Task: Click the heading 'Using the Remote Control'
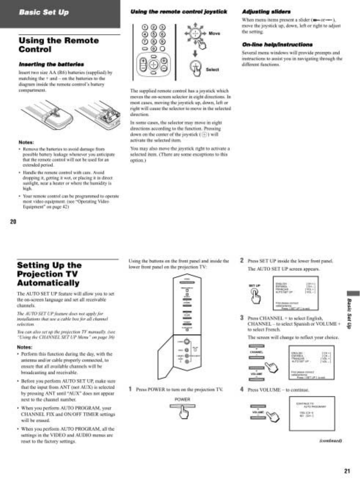59,45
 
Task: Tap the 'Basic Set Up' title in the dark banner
44,12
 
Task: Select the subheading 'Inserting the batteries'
51,64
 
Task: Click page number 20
13,222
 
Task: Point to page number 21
347,471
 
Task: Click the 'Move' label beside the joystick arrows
214,33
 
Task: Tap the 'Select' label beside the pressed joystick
212,69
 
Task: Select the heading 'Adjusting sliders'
266,12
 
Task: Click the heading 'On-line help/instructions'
277,45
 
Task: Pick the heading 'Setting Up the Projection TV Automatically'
48,274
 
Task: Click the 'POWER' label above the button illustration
182,399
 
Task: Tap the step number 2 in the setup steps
242,260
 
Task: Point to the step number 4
242,389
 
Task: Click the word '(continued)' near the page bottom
331,441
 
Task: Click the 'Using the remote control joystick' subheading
179,12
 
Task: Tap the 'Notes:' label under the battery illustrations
26,142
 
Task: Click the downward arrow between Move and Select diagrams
195,54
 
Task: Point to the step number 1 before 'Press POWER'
130,389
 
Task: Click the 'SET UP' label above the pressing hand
254,286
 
